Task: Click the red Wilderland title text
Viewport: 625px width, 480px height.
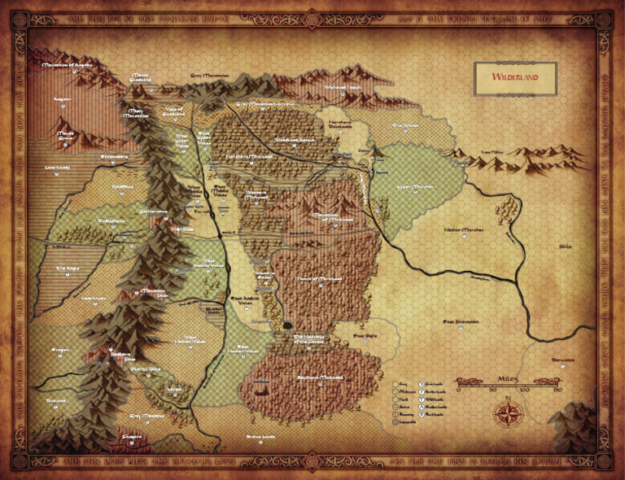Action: [x=514, y=77]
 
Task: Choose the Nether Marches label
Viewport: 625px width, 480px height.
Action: [x=464, y=229]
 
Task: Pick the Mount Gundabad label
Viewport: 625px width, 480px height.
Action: [x=141, y=77]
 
